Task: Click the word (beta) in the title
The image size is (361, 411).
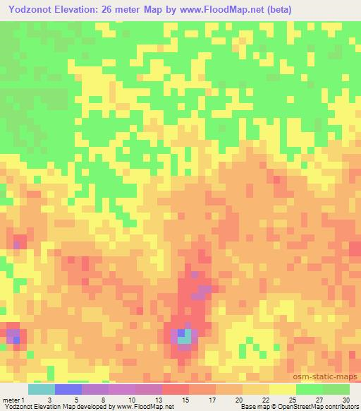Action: (x=276, y=8)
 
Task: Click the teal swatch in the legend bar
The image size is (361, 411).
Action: (x=42, y=389)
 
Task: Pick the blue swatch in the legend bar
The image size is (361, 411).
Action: (x=68, y=389)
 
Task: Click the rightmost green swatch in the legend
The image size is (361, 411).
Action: (x=336, y=389)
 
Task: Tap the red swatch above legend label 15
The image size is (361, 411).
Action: (x=176, y=389)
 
